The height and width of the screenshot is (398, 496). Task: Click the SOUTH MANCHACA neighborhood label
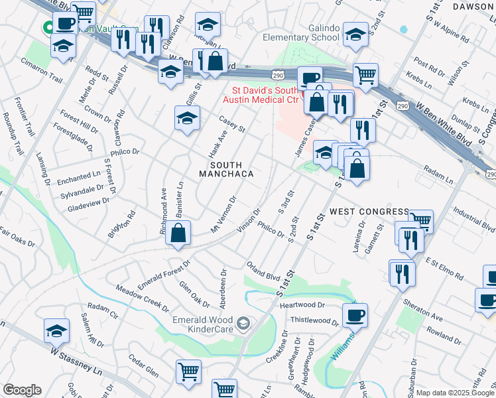click(227, 169)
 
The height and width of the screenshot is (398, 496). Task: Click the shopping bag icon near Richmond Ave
click(178, 233)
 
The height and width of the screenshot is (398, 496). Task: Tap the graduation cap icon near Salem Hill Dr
click(57, 330)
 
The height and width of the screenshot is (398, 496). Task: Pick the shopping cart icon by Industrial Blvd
click(420, 220)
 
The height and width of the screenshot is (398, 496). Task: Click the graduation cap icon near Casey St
click(187, 118)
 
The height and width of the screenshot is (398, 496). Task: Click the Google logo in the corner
click(22, 390)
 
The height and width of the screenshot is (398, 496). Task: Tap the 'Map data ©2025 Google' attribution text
click(456, 393)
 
